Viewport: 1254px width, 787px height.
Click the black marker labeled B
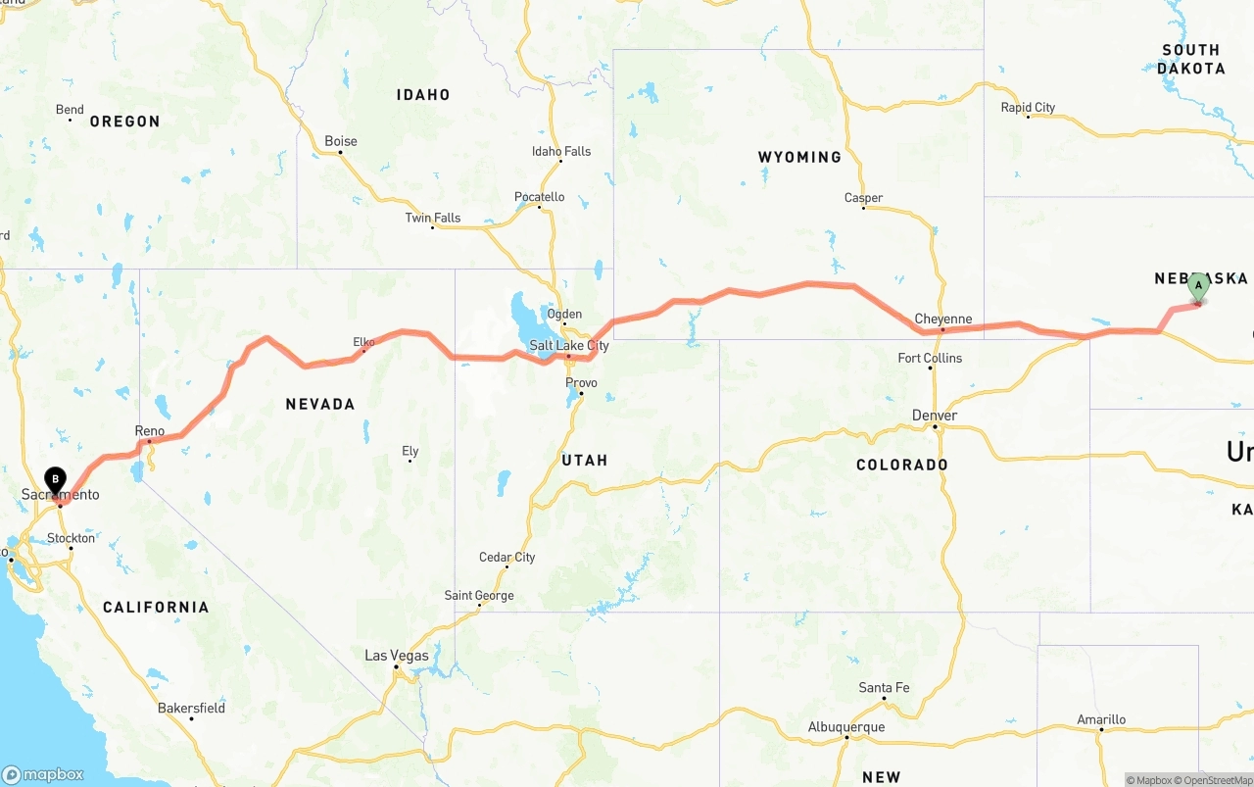[x=56, y=480]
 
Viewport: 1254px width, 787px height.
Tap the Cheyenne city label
[x=942, y=319]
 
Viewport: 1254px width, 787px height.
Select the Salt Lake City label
[x=568, y=346]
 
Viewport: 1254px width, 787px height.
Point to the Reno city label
[x=149, y=431]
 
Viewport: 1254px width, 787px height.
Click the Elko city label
[x=363, y=342]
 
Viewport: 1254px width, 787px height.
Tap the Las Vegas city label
[x=397, y=656]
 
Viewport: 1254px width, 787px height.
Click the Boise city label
[x=341, y=141]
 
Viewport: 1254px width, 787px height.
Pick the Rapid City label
[x=1028, y=108]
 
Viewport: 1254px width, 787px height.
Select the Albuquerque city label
[x=846, y=727]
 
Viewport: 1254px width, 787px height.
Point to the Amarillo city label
[x=1101, y=719]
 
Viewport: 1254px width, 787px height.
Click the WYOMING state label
[x=799, y=157]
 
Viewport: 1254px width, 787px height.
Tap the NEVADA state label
[x=319, y=404]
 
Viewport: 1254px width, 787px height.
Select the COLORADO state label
[x=901, y=465]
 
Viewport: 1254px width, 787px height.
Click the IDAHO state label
[x=423, y=95]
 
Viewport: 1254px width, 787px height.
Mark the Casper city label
[x=863, y=198]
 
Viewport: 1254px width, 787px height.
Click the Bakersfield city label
[x=191, y=708]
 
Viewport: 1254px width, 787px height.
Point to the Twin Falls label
[x=432, y=218]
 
